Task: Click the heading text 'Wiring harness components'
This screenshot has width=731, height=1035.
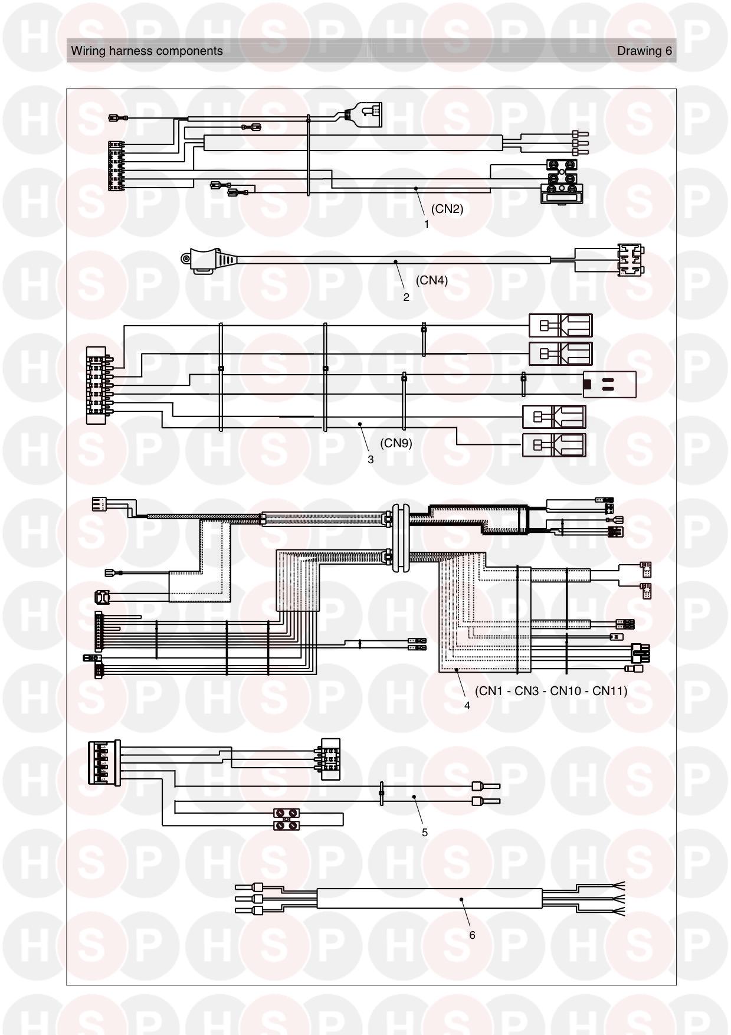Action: (147, 51)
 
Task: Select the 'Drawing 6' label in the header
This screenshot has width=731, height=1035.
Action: (644, 51)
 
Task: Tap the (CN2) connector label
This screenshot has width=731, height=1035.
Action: (447, 209)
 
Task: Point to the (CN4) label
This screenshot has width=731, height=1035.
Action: (432, 280)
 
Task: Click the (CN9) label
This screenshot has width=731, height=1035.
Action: (396, 443)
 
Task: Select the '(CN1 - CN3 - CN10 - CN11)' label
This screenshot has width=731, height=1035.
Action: (551, 690)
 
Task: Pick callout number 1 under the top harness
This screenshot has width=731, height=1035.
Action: (427, 224)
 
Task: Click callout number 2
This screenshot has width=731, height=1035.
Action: (406, 297)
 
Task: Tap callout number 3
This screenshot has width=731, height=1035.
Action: (371, 460)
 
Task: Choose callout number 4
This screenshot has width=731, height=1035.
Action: (467, 706)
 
